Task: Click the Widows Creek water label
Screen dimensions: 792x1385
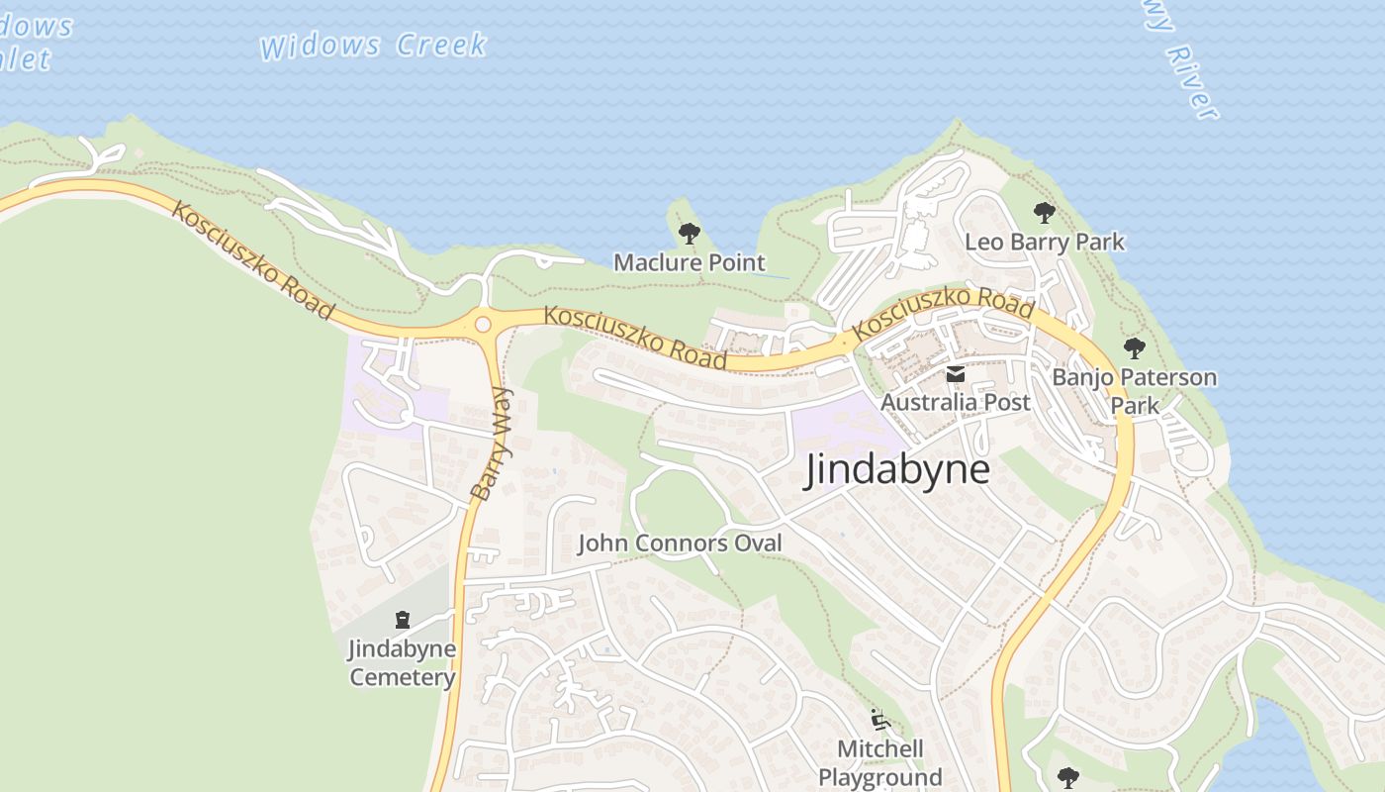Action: click(374, 46)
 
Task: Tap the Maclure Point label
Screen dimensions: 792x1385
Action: click(690, 262)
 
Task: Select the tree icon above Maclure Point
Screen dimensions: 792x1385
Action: click(690, 235)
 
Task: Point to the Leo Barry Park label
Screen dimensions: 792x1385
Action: click(1045, 242)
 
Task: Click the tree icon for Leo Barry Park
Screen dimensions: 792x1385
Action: click(1044, 213)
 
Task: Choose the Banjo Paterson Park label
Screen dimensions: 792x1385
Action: click(1134, 391)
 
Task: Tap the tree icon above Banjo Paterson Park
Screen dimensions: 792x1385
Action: click(1135, 348)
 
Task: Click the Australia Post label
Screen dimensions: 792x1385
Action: click(956, 402)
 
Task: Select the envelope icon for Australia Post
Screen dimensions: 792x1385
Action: click(956, 374)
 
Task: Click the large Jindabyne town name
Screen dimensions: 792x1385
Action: click(897, 468)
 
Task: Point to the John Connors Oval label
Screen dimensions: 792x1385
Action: click(680, 543)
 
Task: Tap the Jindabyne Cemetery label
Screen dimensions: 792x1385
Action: click(403, 663)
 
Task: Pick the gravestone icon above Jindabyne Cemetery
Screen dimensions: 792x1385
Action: click(403, 620)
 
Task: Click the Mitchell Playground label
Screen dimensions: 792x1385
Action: click(880, 762)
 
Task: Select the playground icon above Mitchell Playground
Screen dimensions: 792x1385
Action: click(879, 720)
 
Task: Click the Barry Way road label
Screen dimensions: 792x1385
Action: click(493, 444)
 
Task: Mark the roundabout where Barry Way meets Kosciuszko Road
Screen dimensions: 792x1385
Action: click(483, 324)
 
